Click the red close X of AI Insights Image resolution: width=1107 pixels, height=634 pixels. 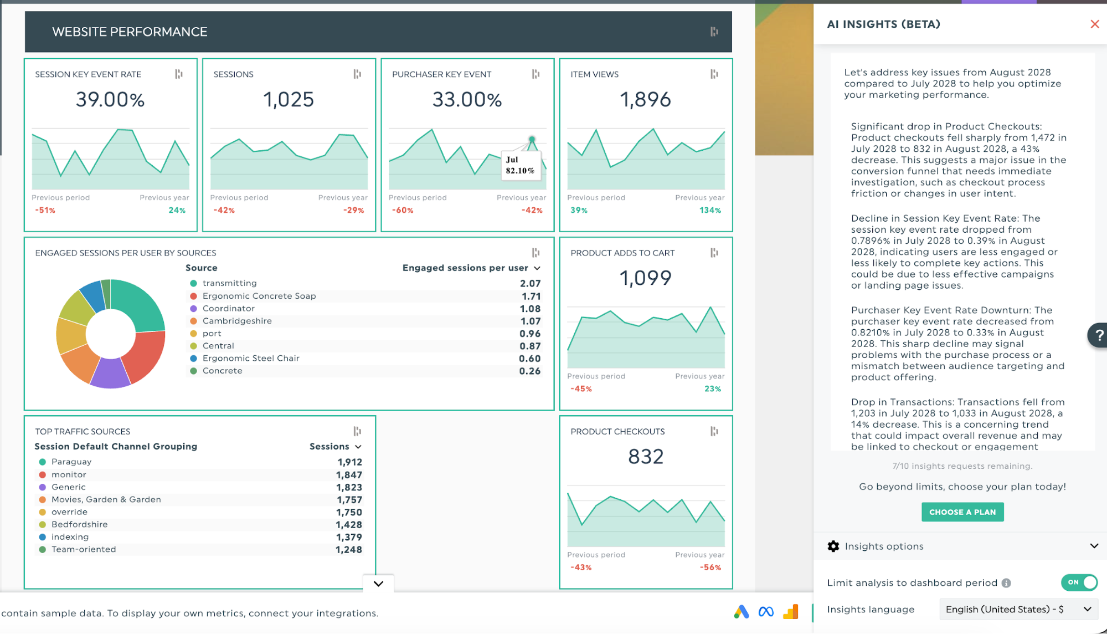pyautogui.click(x=1094, y=24)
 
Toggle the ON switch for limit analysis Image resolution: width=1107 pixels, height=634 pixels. pyautogui.click(x=1079, y=582)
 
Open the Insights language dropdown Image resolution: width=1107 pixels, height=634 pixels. pyautogui.click(x=1018, y=609)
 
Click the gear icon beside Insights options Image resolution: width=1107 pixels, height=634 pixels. pyautogui.click(x=833, y=546)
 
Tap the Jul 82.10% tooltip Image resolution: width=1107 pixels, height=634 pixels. pyautogui.click(x=520, y=165)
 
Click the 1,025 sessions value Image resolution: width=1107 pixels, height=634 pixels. pyautogui.click(x=289, y=100)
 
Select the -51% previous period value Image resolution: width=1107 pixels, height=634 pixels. pyautogui.click(x=45, y=211)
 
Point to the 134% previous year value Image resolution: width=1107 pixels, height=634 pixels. pyautogui.click(x=710, y=211)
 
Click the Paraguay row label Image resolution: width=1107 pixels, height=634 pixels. pyautogui.click(x=71, y=462)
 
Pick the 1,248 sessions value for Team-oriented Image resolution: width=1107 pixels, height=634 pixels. pyautogui.click(x=348, y=550)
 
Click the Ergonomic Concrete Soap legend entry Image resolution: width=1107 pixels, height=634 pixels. pyautogui.click(x=259, y=296)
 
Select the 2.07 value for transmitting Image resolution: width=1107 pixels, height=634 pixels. pyautogui.click(x=530, y=283)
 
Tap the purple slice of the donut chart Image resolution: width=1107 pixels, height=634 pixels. pyautogui.click(x=110, y=374)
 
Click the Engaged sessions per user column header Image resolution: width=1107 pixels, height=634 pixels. pyautogui.click(x=465, y=268)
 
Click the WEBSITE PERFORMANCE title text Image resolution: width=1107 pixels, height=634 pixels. pyautogui.click(x=130, y=32)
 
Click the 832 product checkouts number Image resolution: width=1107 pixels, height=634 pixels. pyautogui.click(x=646, y=457)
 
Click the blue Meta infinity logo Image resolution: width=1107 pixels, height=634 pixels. pyautogui.click(x=766, y=612)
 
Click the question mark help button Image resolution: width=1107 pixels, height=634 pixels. pyautogui.click(x=1098, y=335)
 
